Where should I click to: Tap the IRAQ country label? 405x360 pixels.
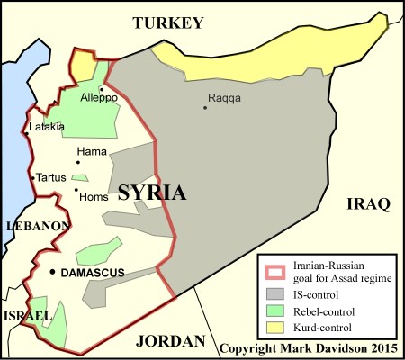(x=368, y=204)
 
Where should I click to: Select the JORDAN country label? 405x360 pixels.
(x=170, y=340)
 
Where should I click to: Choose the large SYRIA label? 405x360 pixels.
(x=153, y=193)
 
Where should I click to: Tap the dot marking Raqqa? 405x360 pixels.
(x=206, y=108)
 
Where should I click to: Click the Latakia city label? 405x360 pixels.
(x=47, y=127)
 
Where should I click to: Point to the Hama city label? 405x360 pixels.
(x=93, y=150)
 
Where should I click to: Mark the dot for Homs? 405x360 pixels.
(x=76, y=189)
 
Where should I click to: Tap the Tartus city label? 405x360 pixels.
(x=51, y=177)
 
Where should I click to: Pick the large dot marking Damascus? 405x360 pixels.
(x=53, y=271)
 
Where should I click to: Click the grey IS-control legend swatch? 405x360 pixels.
(x=276, y=292)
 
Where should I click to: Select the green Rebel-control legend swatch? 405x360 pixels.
(x=276, y=310)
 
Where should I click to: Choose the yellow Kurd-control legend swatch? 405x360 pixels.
(x=276, y=327)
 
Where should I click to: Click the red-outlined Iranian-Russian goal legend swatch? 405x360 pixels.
(x=276, y=269)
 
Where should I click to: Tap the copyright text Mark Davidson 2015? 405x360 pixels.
(x=310, y=346)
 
